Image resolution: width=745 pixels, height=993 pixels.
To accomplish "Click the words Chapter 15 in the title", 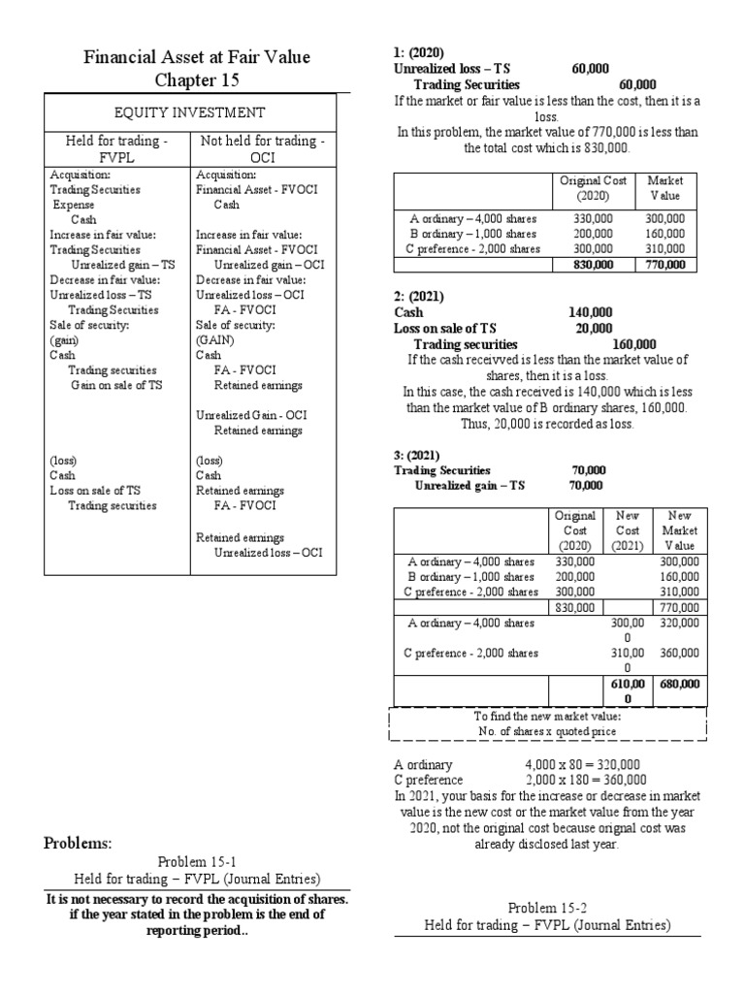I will (195, 79).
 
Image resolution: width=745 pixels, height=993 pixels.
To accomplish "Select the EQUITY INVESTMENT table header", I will (189, 112).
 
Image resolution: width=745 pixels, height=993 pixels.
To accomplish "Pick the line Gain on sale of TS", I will (115, 385).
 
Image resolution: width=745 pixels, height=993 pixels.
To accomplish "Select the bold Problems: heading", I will (79, 841).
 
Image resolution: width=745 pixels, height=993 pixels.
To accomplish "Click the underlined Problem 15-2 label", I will (546, 908).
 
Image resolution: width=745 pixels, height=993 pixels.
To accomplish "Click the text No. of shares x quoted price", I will (547, 730).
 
